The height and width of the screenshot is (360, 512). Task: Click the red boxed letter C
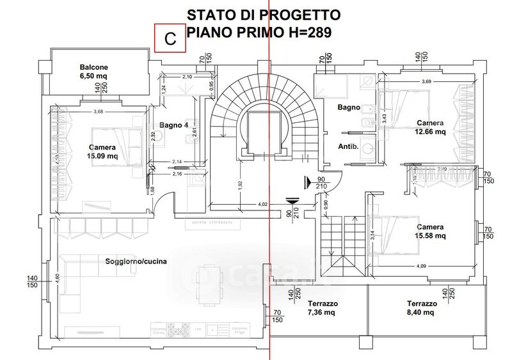click(170, 38)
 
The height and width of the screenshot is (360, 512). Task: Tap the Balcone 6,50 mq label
click(93, 71)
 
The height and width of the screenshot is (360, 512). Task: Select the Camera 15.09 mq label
click(102, 152)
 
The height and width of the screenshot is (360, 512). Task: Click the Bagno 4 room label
click(173, 125)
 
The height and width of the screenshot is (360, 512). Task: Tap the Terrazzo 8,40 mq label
click(421, 308)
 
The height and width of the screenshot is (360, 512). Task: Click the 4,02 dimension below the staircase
click(263, 205)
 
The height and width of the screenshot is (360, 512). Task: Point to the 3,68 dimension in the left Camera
click(98, 113)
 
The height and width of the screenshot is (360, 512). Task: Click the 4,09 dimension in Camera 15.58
click(421, 266)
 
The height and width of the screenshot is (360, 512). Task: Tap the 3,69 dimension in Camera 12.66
click(426, 81)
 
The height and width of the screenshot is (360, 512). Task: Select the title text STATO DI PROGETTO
click(263, 15)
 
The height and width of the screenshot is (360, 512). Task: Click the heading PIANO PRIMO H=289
click(259, 33)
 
